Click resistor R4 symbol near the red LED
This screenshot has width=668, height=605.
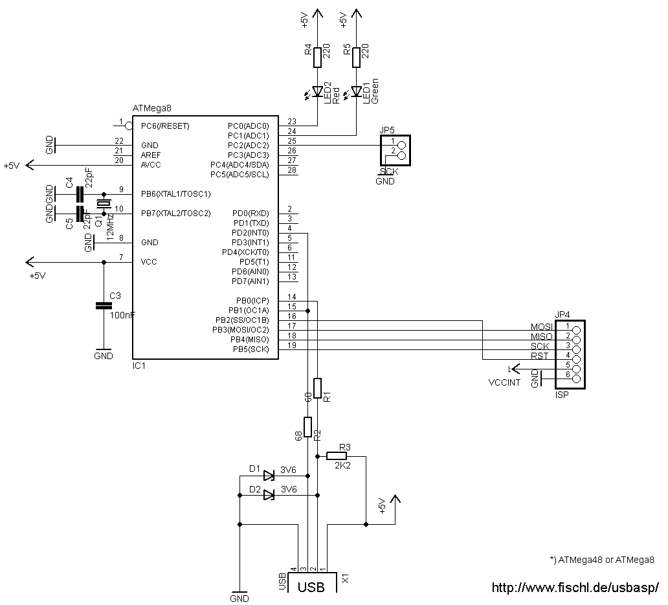pyautogui.click(x=317, y=58)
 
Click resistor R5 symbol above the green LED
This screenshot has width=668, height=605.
pyautogui.click(x=356, y=58)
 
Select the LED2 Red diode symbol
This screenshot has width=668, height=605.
pyautogui.click(x=317, y=93)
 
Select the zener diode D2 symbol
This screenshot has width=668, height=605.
pyautogui.click(x=269, y=495)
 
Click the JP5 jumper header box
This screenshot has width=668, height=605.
pyautogui.click(x=396, y=151)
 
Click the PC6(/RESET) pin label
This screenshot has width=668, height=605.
pyautogui.click(x=164, y=126)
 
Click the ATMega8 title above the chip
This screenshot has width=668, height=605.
pyautogui.click(x=151, y=109)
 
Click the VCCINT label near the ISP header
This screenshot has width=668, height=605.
pyautogui.click(x=504, y=382)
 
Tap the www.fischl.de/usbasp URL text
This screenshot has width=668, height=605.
pyautogui.click(x=575, y=588)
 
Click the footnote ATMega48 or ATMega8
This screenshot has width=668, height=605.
pyautogui.click(x=601, y=560)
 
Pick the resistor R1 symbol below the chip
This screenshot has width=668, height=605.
pyautogui.click(x=317, y=388)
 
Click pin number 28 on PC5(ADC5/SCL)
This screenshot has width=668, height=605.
pyautogui.click(x=292, y=170)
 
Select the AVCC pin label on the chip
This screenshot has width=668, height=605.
pyautogui.click(x=151, y=165)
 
